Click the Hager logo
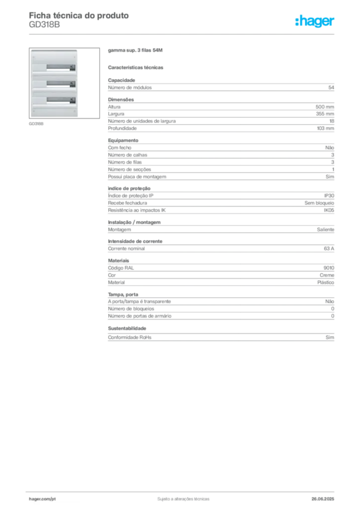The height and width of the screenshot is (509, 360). (314, 21)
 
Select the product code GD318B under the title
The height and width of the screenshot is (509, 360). (44, 25)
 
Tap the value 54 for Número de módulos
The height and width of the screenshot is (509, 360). (331, 87)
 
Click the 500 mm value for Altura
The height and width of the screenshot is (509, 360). (325, 107)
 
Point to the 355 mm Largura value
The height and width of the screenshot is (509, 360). (325, 114)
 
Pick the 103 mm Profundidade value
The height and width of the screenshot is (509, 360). (325, 128)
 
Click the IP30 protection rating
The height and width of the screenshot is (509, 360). (329, 196)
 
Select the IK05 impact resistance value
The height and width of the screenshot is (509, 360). (329, 210)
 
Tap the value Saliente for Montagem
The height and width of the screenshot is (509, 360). (326, 230)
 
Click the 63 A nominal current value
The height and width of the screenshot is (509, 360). (329, 249)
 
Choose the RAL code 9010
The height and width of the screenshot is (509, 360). (329, 268)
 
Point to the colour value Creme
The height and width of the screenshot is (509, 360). (327, 275)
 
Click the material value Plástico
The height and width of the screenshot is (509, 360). (326, 282)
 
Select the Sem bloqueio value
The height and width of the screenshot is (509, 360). (319, 203)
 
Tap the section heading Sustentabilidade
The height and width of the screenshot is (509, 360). (127, 329)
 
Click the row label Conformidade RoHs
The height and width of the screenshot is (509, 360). (129, 338)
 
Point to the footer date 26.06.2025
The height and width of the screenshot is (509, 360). (323, 499)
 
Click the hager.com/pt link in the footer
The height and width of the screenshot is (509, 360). (42, 499)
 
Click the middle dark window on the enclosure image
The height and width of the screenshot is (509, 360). (61, 84)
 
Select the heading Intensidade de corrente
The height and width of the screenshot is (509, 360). (135, 242)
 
